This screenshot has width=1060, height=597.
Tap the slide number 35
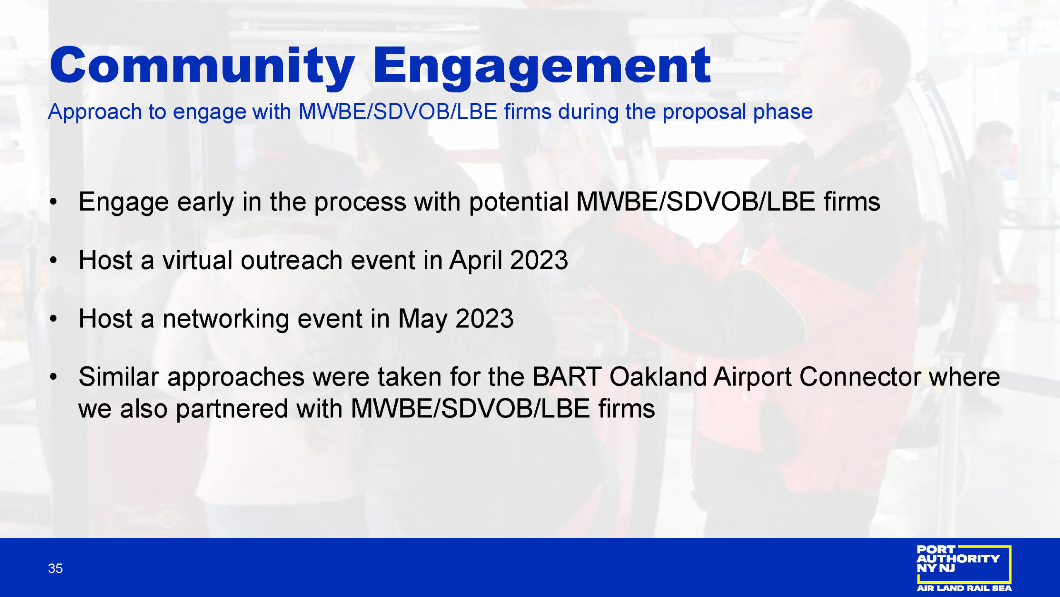point(55,568)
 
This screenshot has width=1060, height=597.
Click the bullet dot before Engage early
point(53,202)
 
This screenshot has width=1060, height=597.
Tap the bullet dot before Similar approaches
point(53,377)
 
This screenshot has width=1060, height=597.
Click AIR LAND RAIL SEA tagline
point(964,588)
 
